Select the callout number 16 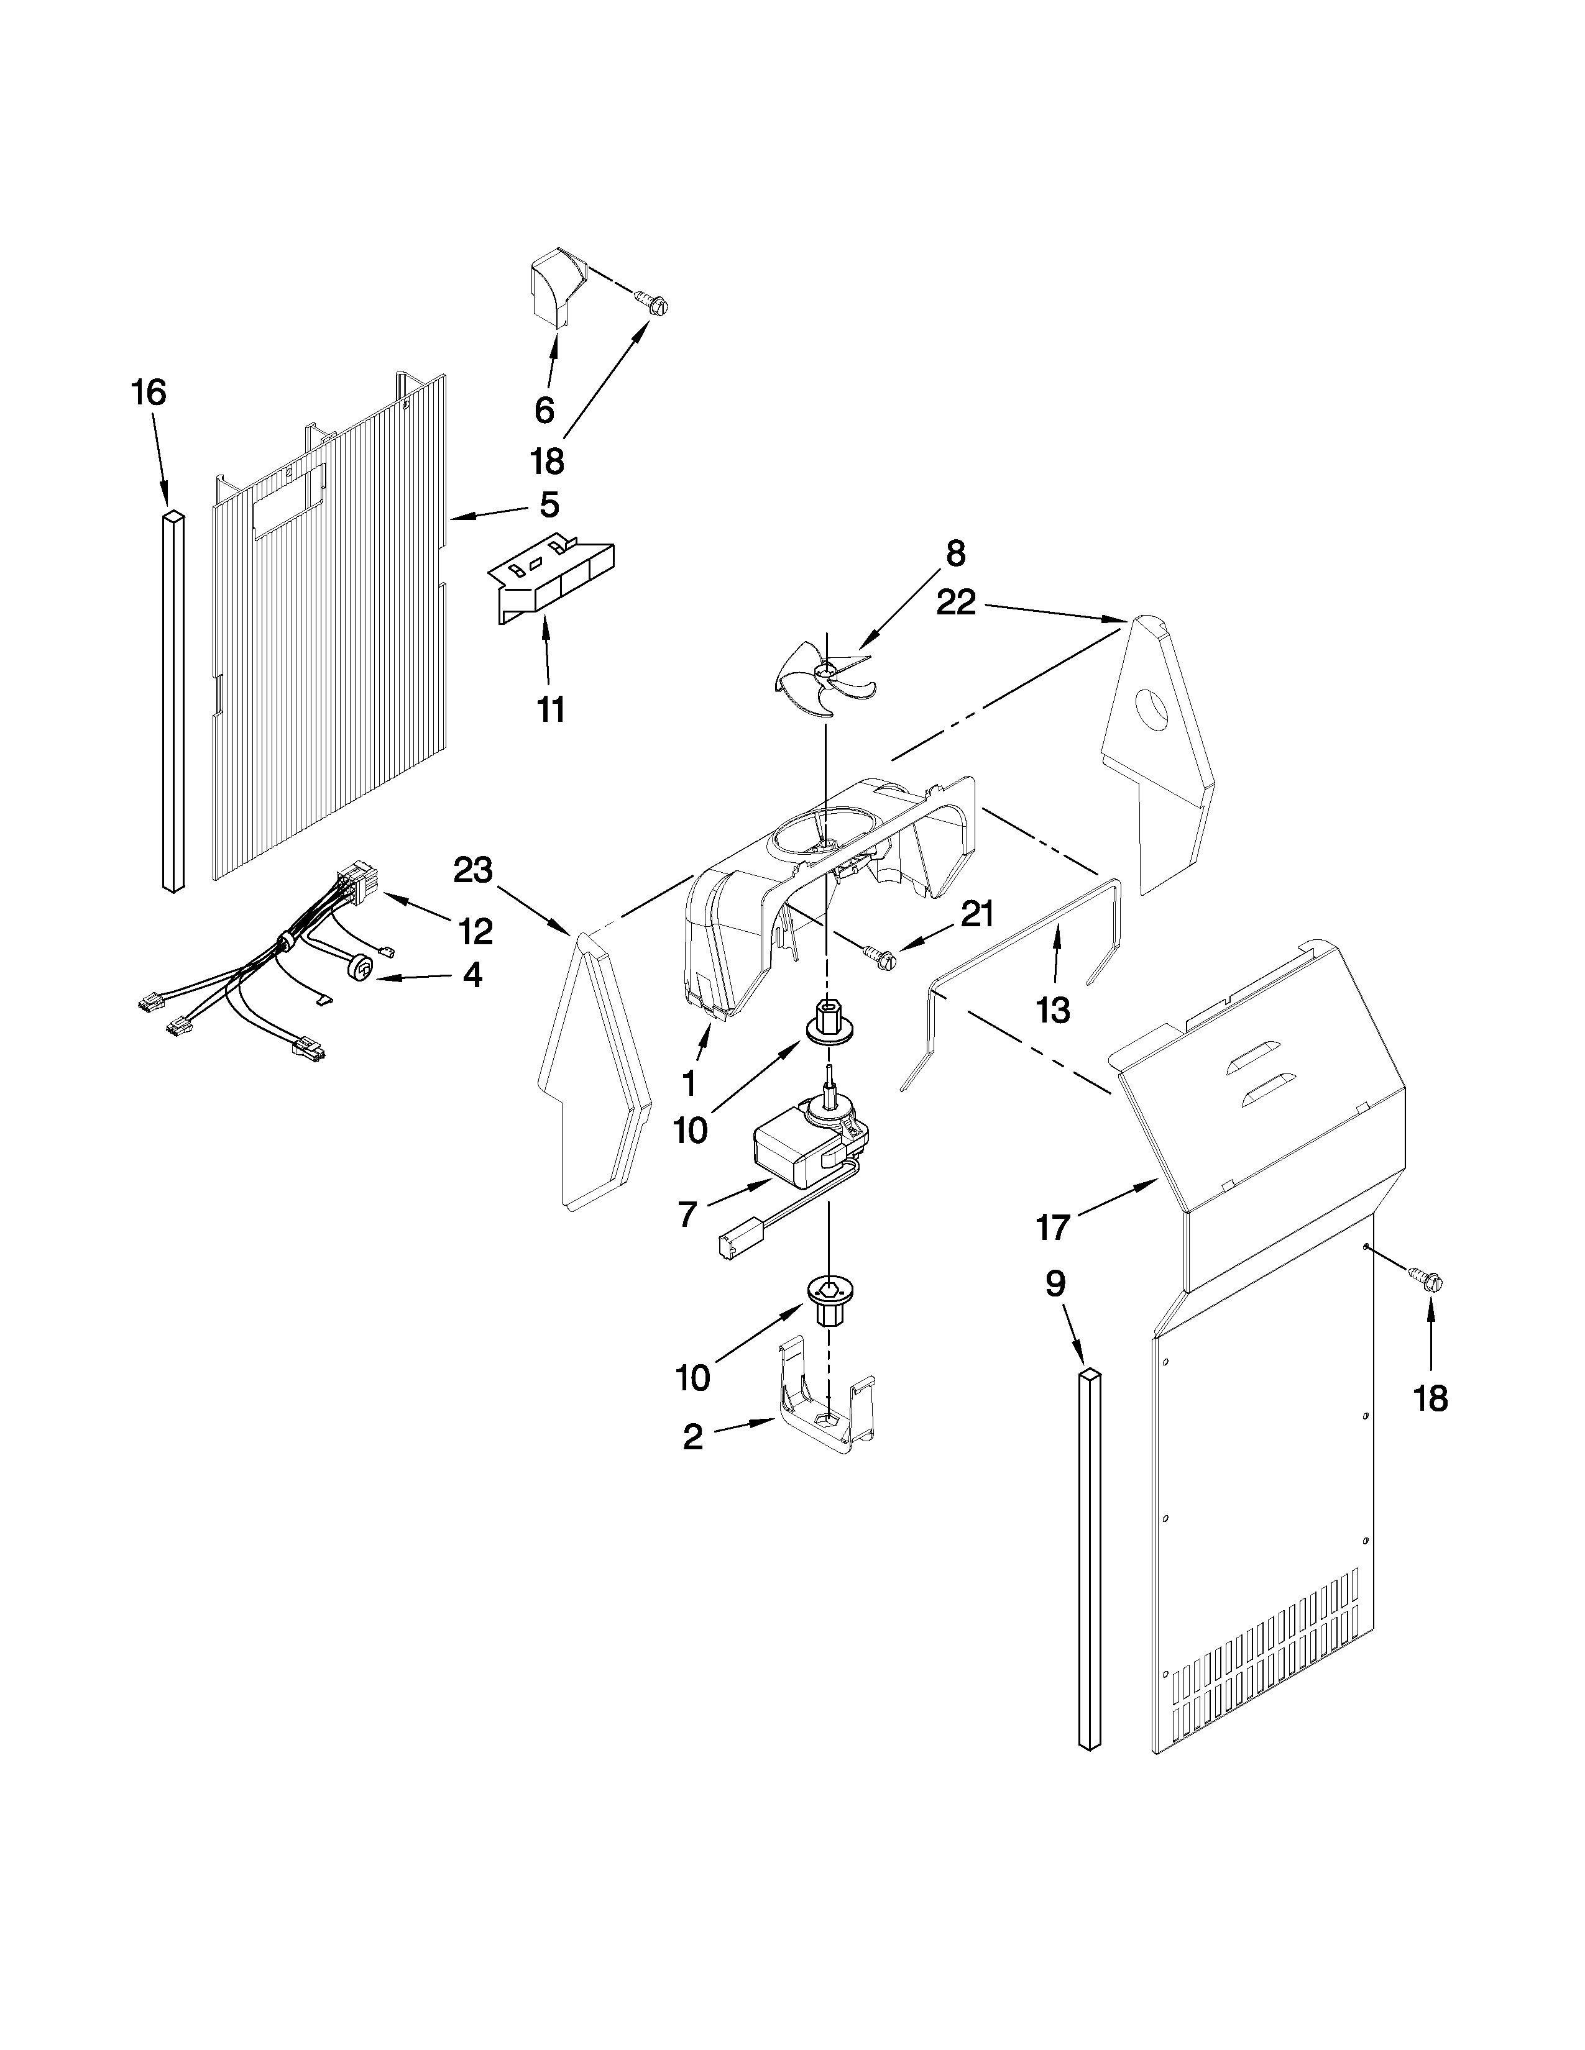click(149, 393)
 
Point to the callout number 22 click(956, 604)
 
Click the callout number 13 click(1052, 1010)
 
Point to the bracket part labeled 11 click(552, 582)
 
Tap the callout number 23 click(472, 870)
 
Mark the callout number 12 click(474, 931)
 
